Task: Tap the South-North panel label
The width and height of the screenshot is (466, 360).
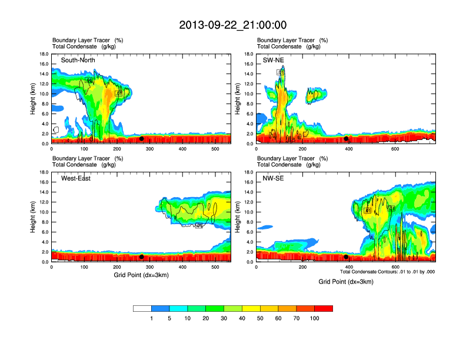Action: [78, 60]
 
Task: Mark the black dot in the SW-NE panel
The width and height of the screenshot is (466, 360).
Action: [346, 139]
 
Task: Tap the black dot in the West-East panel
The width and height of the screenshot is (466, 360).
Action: [141, 257]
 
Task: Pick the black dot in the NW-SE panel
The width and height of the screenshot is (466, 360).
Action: [346, 257]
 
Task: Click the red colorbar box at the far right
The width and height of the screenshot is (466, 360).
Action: [324, 308]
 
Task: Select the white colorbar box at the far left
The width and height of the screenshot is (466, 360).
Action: [142, 308]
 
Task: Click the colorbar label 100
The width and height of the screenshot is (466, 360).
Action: [315, 318]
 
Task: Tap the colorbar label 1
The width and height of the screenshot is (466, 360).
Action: [152, 318]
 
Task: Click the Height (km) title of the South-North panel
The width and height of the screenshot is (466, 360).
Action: [34, 98]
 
